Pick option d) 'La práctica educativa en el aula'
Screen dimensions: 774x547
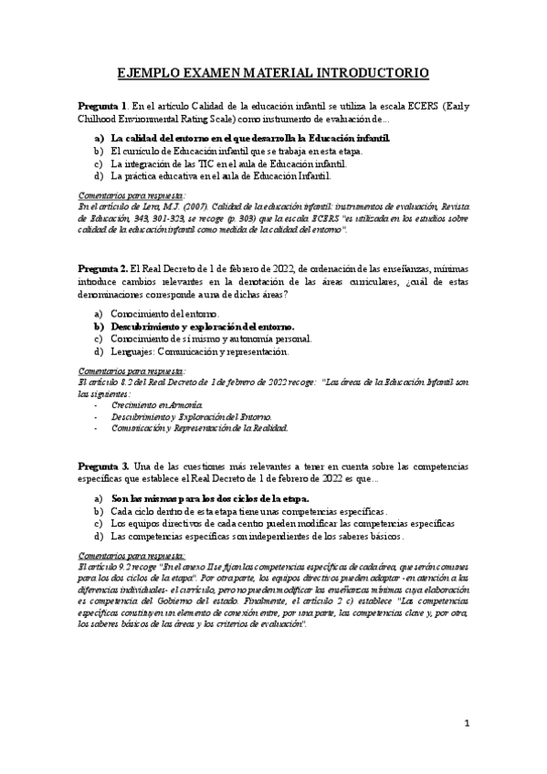click(216, 175)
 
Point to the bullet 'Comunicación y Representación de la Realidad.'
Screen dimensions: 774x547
click(199, 426)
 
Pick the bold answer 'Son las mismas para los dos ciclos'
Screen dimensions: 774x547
click(210, 499)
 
